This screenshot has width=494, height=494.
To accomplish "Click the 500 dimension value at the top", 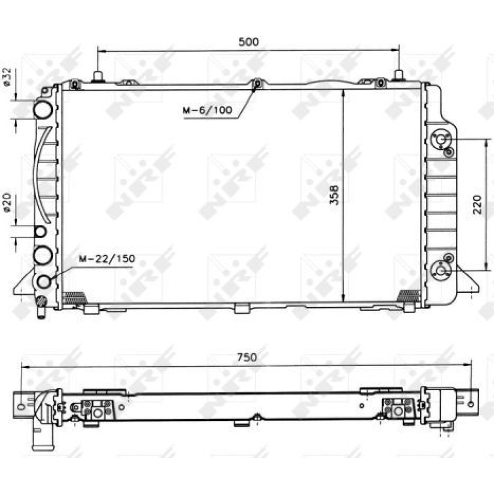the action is pos(248,41).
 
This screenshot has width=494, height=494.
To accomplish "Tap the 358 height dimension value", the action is pos(334,195).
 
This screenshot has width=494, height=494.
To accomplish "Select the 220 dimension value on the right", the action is pos(478,205).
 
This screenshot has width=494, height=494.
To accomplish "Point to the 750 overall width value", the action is pos(247,357).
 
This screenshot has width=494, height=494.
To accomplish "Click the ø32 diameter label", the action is pos(7,77).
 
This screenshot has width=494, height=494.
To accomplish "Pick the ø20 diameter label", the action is pos(7,202).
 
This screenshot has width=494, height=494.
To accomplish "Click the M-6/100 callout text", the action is pos(207,110).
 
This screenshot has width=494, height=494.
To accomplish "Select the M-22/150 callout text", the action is pos(107,259).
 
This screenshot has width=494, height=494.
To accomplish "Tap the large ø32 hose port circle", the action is pos(43,109).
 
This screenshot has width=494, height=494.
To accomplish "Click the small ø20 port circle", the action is pos(41,232).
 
